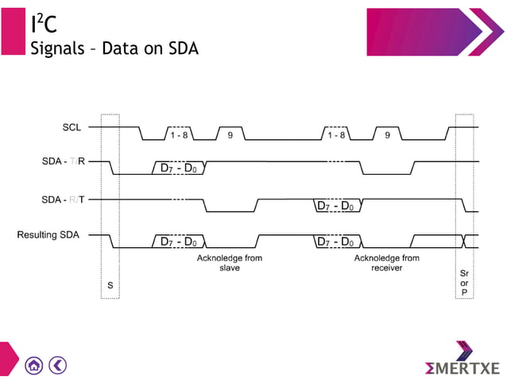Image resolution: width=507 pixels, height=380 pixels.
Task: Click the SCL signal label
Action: (71, 127)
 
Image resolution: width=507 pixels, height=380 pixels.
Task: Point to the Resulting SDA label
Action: (48, 235)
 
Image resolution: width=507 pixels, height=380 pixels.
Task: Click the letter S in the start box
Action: (110, 285)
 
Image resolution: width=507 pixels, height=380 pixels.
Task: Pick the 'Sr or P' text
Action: (465, 282)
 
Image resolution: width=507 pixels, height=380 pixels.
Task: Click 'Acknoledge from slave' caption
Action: (230, 263)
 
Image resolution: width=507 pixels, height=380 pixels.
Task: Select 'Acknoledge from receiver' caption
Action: (387, 263)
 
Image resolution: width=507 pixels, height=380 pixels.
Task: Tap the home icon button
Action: (33, 366)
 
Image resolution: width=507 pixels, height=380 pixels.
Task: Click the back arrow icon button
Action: (57, 366)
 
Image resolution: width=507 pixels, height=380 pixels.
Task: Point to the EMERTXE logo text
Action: (463, 369)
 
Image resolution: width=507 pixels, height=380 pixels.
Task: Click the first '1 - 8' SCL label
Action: (180, 135)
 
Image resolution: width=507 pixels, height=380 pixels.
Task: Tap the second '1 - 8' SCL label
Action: (336, 135)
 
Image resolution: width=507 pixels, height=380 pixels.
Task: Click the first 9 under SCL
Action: (230, 135)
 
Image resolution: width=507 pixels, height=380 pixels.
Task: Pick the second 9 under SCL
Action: (387, 135)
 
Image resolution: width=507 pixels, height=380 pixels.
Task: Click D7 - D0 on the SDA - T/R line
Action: (179, 169)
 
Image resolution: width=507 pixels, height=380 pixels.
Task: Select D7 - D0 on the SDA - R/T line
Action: (335, 206)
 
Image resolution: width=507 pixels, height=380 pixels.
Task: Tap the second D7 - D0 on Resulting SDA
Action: (335, 242)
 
